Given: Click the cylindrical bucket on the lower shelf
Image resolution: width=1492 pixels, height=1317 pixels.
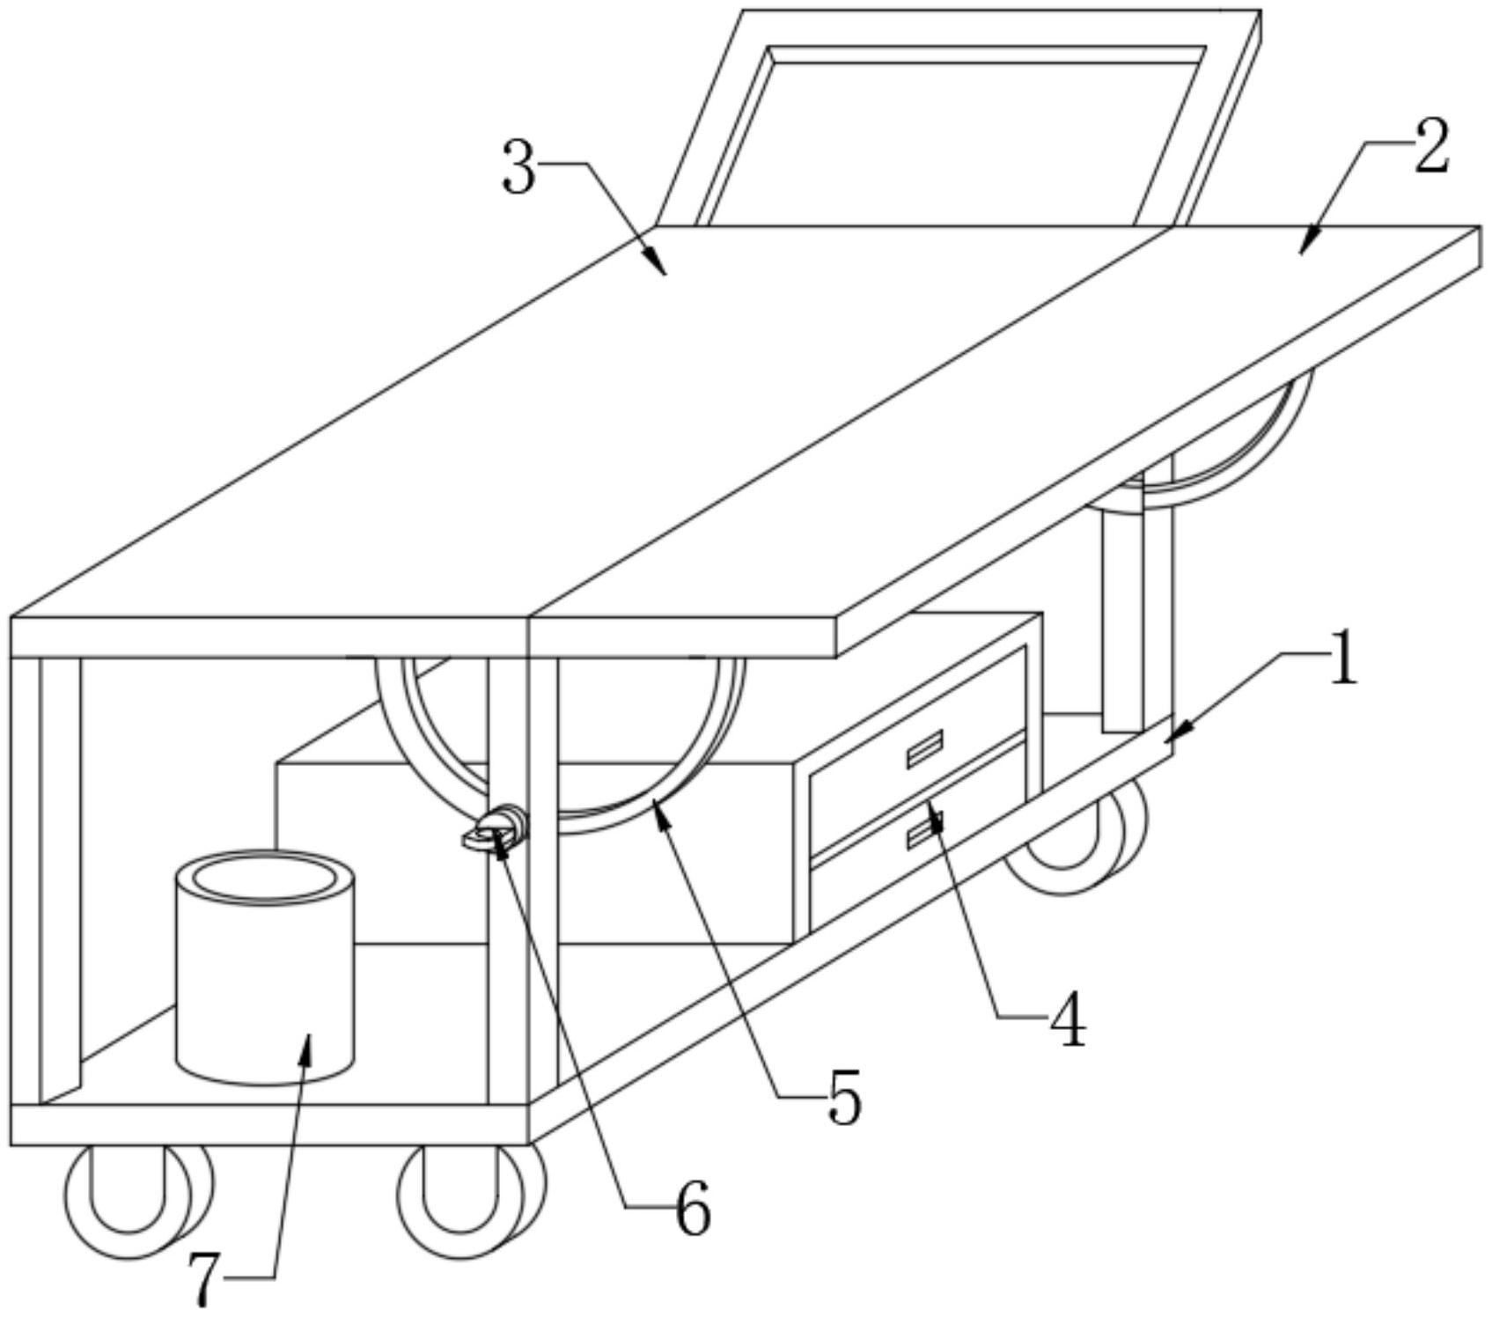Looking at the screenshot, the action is click(x=266, y=977).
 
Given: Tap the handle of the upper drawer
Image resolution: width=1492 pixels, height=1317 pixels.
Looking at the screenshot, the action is click(x=925, y=748).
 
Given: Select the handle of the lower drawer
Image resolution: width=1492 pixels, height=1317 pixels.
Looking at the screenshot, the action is click(x=925, y=829).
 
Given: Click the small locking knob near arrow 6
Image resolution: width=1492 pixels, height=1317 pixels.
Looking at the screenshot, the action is click(x=496, y=828).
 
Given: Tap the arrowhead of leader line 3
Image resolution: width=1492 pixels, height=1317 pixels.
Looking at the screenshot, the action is click(x=658, y=264).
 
